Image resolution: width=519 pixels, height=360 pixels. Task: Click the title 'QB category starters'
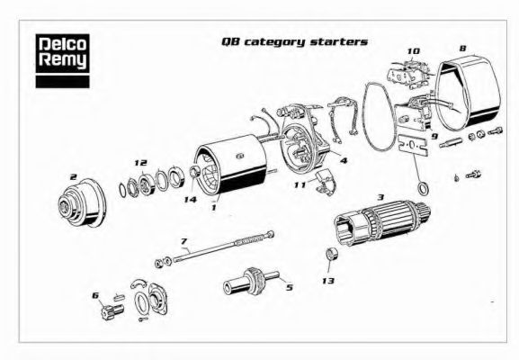click(294, 41)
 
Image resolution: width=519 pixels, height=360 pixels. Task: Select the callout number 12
click(139, 163)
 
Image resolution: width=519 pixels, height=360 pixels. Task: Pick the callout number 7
click(183, 241)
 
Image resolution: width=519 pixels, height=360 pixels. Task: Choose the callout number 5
click(289, 287)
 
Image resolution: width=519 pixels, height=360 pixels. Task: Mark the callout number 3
click(380, 196)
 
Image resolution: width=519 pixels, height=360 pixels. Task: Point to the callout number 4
click(344, 161)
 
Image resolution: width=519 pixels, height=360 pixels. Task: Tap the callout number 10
click(413, 50)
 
